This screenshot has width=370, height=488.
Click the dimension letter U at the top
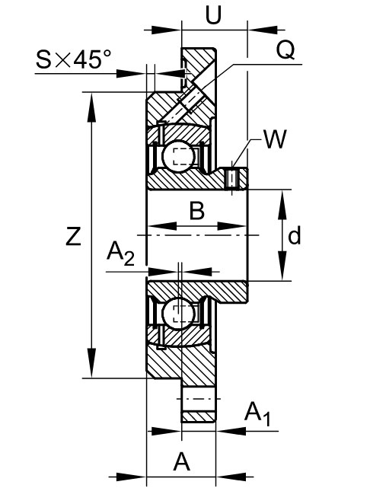pos(213,14)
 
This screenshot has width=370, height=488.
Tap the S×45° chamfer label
pos(73,59)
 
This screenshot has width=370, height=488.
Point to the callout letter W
pos(275,139)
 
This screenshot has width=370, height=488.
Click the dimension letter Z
pos(73,236)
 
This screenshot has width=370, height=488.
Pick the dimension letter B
pos(197,211)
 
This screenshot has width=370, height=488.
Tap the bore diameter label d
pos(294,235)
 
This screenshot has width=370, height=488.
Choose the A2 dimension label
pos(120,254)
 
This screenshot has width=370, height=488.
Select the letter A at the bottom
pos(181,462)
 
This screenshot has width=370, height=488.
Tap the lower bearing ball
pos(177,313)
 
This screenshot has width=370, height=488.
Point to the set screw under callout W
pos(232,178)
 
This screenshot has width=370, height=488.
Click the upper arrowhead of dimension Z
pos(91,107)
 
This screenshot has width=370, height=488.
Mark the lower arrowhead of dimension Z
pos(91,363)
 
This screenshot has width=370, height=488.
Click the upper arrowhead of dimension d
pos(282,205)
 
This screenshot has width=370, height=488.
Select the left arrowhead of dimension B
pos(162,226)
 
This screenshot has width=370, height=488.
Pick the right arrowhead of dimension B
pos(232,226)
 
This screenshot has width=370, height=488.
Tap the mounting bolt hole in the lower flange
pos(198,399)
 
